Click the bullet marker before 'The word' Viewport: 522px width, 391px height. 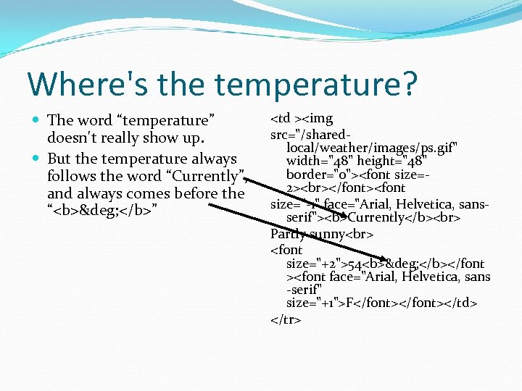tap(37, 120)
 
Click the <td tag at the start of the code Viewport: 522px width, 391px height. tap(282, 118)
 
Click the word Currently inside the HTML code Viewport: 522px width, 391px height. tap(376, 217)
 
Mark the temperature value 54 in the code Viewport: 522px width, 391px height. tap(354, 263)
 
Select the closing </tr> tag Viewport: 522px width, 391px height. tap(286, 319)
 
